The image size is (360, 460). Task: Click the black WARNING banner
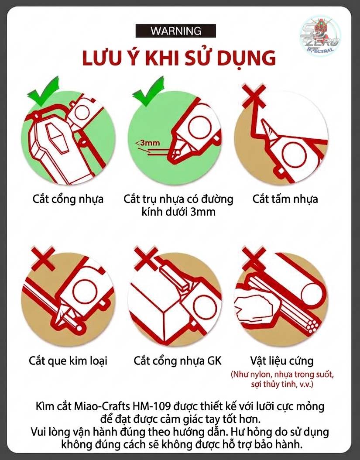(x=175, y=31)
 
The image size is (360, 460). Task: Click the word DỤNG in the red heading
(x=245, y=58)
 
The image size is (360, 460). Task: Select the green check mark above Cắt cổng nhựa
(x=43, y=92)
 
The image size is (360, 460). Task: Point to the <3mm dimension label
(x=147, y=143)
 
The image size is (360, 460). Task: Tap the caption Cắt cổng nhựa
(x=68, y=199)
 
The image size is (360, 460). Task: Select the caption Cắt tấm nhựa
(x=285, y=199)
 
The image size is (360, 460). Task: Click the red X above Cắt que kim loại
(x=43, y=258)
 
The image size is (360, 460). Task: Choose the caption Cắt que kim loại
(x=68, y=360)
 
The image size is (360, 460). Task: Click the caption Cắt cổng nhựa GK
(x=178, y=360)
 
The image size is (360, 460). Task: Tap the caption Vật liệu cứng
(x=282, y=360)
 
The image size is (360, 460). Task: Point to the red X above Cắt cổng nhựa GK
(x=146, y=258)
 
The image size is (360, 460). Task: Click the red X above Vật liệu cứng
(x=254, y=258)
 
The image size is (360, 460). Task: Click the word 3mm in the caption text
(x=203, y=212)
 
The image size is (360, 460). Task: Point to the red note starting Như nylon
(x=282, y=379)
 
